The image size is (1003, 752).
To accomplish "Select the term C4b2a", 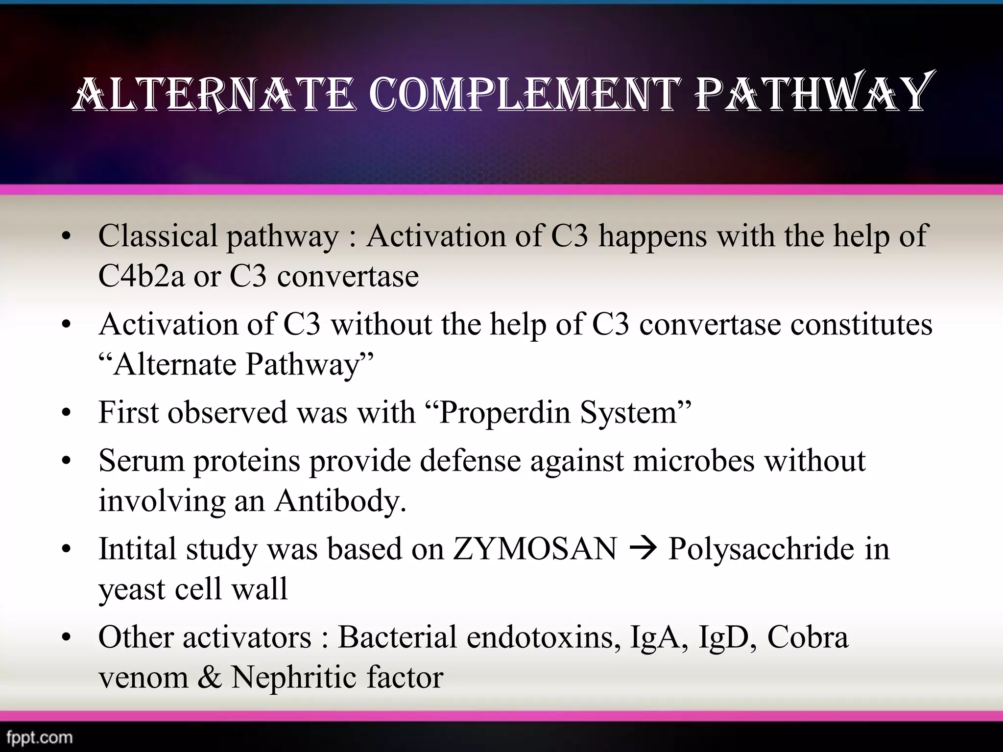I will click(142, 276).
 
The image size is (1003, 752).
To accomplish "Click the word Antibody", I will click(340, 501).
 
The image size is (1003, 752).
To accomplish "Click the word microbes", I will click(693, 461).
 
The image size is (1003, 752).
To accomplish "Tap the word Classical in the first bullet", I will click(158, 236).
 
